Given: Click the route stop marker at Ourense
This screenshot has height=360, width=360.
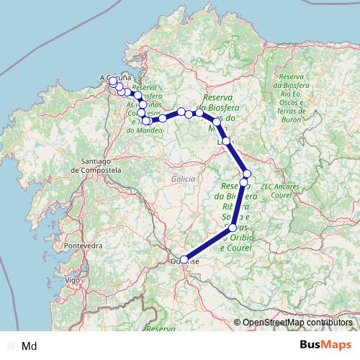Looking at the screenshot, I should (x=184, y=259).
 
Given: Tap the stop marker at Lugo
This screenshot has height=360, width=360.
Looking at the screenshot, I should (x=227, y=141).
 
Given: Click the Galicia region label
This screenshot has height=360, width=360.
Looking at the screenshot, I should (x=184, y=178).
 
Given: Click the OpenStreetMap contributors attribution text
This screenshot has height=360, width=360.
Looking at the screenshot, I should (x=297, y=323).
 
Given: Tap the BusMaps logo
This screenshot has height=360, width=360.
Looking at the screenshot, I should (x=328, y=346).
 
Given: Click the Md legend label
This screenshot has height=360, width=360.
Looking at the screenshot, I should (x=30, y=346).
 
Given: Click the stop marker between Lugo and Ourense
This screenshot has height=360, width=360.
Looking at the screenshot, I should (x=232, y=228).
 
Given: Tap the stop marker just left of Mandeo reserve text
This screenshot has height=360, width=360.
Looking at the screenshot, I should (x=146, y=120).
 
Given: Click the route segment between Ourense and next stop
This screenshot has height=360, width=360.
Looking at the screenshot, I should (x=208, y=243).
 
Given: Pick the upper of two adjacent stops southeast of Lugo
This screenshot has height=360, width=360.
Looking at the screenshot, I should (x=247, y=174).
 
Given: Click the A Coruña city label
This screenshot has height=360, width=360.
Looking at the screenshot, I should (x=113, y=77).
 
